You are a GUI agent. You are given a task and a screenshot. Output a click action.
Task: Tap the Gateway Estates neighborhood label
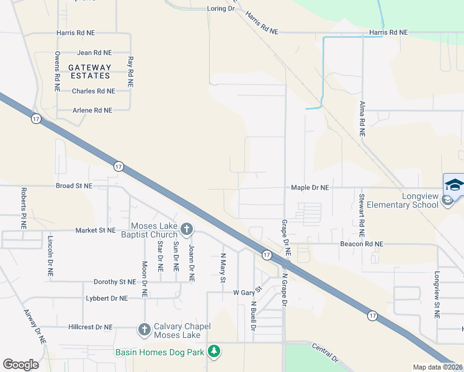pos(89,71)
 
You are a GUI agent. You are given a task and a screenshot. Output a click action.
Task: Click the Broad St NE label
pos(74,185)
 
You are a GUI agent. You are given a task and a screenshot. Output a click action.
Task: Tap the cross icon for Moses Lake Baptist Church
pos(185,230)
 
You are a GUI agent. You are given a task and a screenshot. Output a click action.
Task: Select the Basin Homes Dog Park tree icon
pos(213,352)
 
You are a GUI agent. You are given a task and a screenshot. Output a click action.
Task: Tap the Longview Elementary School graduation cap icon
pos(453,185)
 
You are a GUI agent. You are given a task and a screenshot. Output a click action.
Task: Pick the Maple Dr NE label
pos(310,187)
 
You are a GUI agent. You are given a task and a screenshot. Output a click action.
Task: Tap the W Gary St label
pos(248,291)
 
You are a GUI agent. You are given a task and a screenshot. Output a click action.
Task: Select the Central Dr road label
pos(325,353)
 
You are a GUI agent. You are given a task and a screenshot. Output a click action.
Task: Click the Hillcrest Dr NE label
pos(91,327)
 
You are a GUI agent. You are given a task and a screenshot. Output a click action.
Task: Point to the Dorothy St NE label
pos(114,282)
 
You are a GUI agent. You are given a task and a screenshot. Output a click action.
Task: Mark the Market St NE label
pos(96,230)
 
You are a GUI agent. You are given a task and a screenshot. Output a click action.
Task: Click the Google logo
pos(20,365)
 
